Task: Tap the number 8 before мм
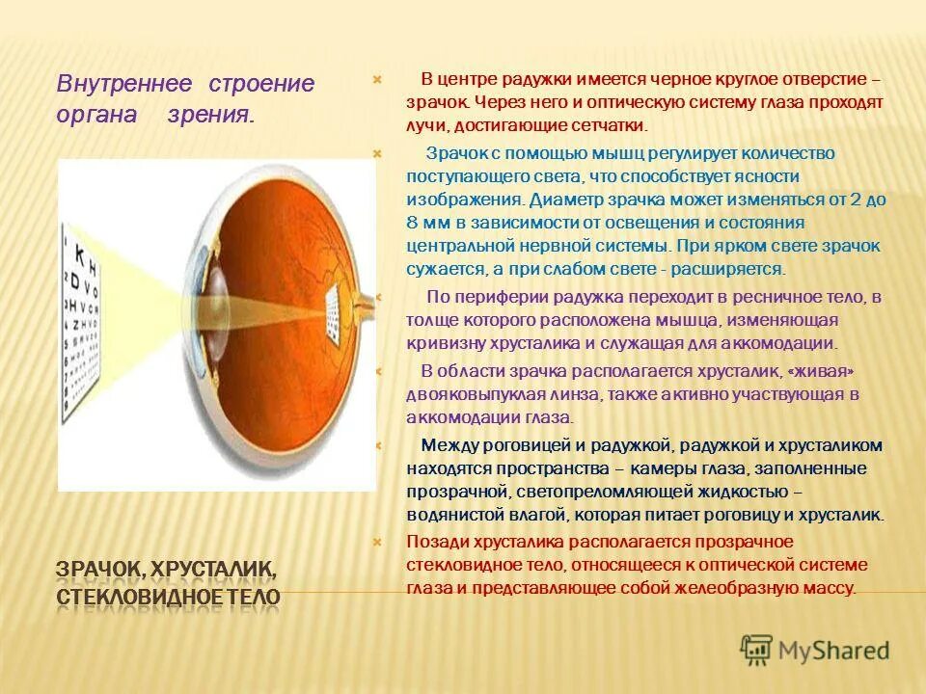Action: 413,223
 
